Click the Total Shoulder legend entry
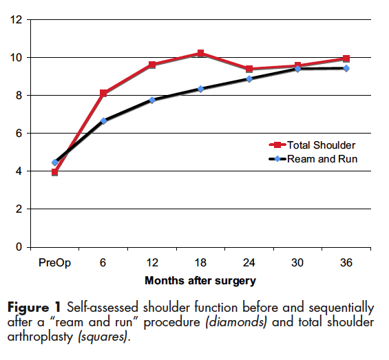[x=313, y=145]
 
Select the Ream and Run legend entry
[x=313, y=159]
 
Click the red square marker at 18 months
[x=200, y=53]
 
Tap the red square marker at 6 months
[x=103, y=93]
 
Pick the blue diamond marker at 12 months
[x=151, y=100]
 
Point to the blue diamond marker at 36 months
[x=346, y=68]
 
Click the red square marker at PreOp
[x=54, y=172]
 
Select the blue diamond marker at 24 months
[x=249, y=78]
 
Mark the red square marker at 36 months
[x=346, y=59]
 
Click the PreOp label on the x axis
[x=54, y=263]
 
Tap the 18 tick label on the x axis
[x=200, y=263]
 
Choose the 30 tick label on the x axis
[x=297, y=263]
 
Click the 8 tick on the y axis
[x=20, y=95]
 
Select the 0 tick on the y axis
[x=20, y=246]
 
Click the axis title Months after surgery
[x=200, y=281]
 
